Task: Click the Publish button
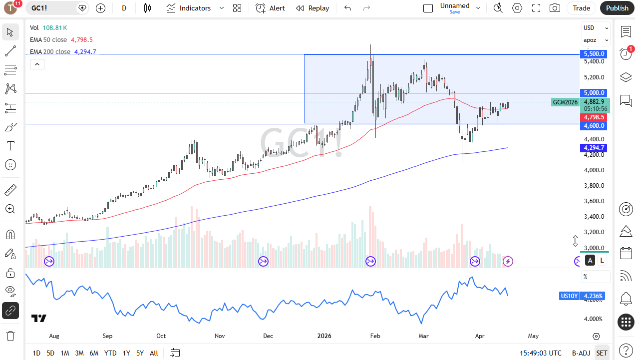[x=617, y=8]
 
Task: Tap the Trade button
[x=581, y=8]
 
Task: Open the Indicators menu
[x=189, y=8]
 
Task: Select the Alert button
[x=270, y=8]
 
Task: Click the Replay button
[x=313, y=8]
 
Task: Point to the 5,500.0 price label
[x=594, y=53]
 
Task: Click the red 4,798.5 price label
[x=594, y=117]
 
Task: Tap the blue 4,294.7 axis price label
[x=594, y=148]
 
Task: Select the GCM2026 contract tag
[x=565, y=102]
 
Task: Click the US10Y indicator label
[x=569, y=296]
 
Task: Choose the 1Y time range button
[x=126, y=353]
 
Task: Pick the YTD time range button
[x=110, y=353]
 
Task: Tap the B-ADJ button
[x=581, y=353]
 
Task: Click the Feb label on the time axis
[x=375, y=336]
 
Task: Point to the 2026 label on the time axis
[x=324, y=336]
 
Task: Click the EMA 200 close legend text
[x=50, y=51]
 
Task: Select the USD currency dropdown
[x=596, y=28]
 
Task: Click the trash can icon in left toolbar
[x=10, y=335]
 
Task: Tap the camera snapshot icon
[x=555, y=8]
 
